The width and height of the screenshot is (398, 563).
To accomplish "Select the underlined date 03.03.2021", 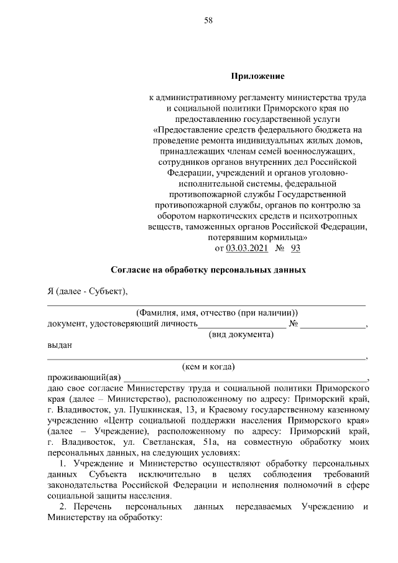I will (247, 248).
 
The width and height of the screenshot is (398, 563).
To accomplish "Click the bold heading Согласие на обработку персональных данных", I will (208, 271).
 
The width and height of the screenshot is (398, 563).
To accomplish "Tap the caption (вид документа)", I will (241, 335).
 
